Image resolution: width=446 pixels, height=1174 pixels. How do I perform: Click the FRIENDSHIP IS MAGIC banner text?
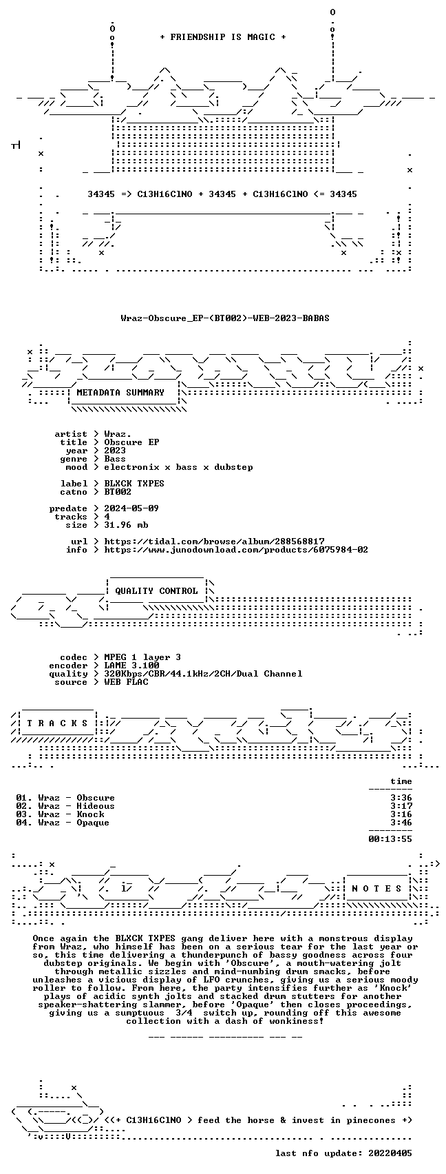222,37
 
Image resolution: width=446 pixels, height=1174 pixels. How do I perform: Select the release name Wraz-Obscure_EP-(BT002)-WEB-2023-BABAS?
225,318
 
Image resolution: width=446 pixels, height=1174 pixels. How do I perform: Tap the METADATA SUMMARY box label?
120,393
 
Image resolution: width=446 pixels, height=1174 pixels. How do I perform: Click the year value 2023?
115,451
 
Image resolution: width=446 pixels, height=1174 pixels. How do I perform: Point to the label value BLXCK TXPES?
134,484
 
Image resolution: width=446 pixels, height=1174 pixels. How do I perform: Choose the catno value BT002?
118,492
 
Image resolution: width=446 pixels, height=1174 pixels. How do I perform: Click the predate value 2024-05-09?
131,508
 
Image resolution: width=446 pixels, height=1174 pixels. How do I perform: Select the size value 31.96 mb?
126,525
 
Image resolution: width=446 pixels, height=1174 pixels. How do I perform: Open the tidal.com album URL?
214,542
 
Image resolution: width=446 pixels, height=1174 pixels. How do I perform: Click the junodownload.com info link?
236,550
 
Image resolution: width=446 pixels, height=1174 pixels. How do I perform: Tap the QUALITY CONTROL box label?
156,591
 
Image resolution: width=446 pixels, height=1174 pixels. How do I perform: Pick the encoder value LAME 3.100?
131,666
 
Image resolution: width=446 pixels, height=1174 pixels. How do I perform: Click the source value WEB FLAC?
126,682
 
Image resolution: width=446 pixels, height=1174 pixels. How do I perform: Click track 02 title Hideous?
95,806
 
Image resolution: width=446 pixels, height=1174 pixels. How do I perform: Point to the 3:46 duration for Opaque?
401,823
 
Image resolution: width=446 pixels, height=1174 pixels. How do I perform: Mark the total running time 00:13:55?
390,839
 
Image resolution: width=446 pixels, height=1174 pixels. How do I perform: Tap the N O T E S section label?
376,888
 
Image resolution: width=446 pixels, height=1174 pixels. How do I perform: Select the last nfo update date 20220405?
390,1153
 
